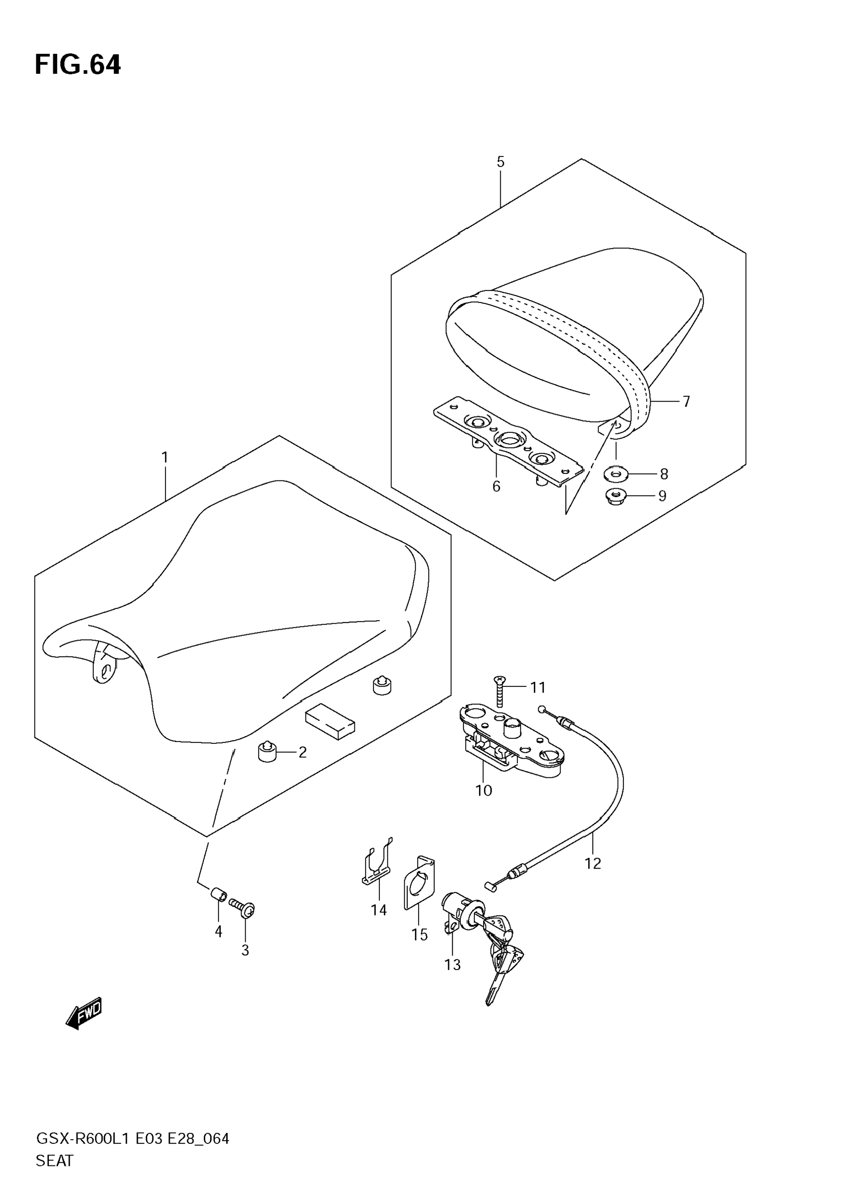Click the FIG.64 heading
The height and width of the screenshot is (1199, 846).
(x=77, y=65)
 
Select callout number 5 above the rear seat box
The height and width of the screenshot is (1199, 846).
(x=501, y=162)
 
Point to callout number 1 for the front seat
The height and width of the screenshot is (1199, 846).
(x=165, y=457)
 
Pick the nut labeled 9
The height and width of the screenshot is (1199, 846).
(x=615, y=495)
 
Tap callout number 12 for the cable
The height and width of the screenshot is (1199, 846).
(x=593, y=864)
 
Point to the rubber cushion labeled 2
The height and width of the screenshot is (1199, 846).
(x=267, y=752)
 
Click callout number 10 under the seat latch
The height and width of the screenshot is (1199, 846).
(x=483, y=791)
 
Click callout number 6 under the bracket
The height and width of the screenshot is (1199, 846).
(x=496, y=486)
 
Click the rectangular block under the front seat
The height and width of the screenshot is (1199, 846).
(x=330, y=721)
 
